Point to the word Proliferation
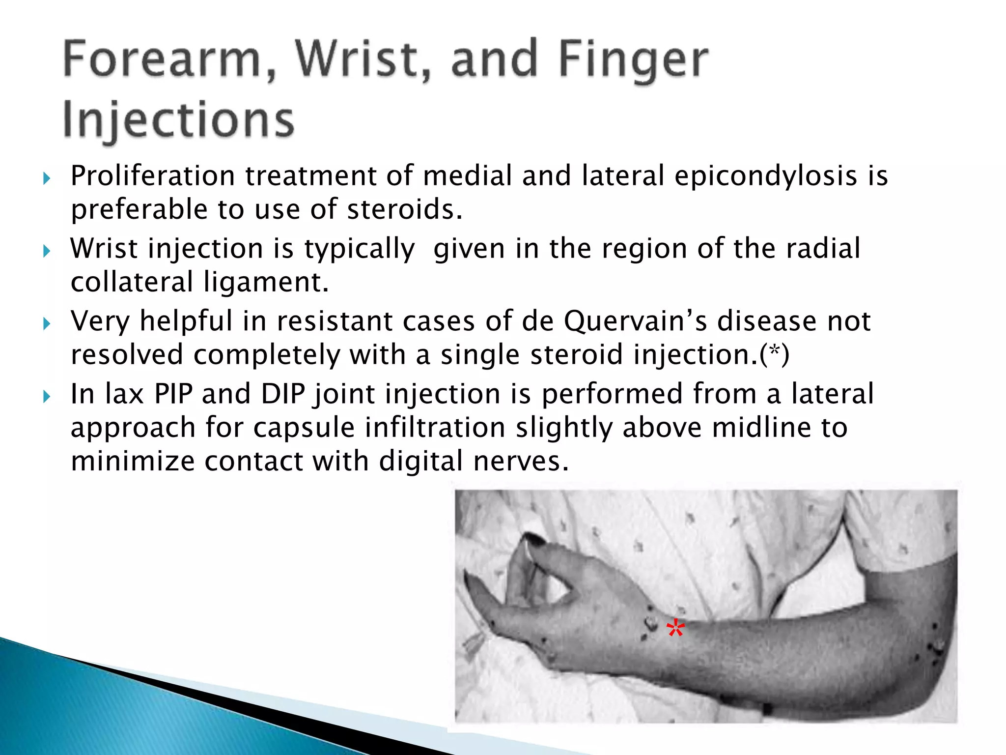(153, 176)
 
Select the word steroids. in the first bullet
(405, 209)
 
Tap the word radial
(823, 248)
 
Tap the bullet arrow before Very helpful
(47, 323)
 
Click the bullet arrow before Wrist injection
(47, 251)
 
